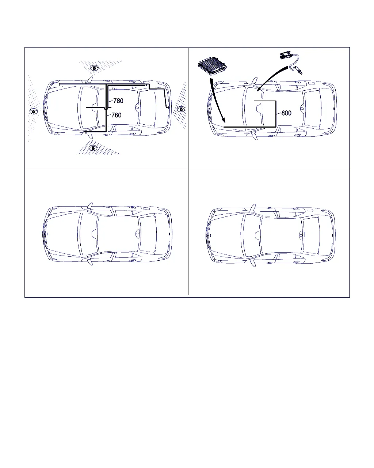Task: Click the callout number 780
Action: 118,101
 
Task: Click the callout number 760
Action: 116,115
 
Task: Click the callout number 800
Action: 286,113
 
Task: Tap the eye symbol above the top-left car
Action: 94,68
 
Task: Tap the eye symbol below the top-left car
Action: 93,148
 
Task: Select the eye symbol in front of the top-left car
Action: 34,112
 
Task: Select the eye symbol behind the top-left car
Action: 181,109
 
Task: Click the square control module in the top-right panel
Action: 212,66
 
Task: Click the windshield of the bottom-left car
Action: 88,234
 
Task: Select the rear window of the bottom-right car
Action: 311,235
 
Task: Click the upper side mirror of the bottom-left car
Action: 90,206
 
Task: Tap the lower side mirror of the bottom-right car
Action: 253,263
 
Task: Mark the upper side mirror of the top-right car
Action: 255,81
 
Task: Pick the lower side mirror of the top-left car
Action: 90,135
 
